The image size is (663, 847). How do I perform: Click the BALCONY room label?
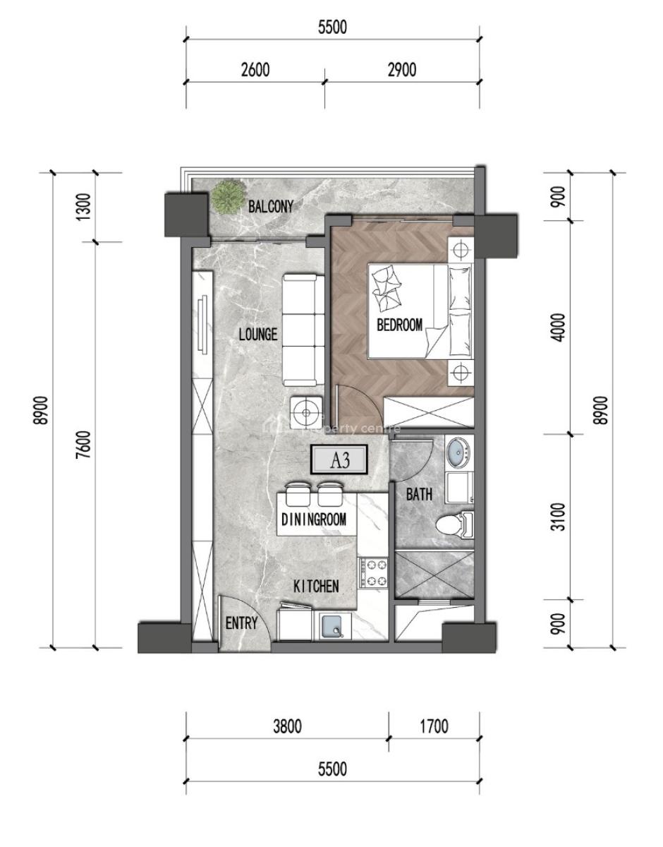point(270,206)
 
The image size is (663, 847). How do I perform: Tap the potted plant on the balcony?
point(229,196)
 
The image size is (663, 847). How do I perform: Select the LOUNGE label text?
point(257,335)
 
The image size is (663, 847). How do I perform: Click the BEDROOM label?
point(399,325)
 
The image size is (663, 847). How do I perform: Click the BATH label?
point(419,495)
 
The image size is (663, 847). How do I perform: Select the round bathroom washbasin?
point(459,451)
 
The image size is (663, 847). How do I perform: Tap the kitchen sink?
point(331,625)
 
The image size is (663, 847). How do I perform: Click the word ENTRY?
point(241,623)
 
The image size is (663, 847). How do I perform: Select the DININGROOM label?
point(314,519)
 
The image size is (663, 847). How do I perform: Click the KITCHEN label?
point(317,586)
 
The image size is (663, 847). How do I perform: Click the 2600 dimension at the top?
point(255,70)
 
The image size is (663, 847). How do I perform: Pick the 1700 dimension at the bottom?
point(433,726)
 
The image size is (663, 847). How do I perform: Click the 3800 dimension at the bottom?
point(287,726)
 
